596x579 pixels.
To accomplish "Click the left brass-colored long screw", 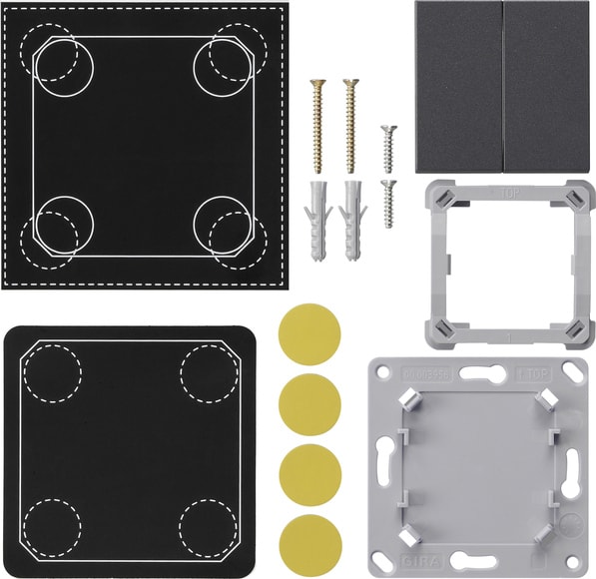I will pos(317,125).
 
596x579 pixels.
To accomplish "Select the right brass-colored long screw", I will pos(350,125).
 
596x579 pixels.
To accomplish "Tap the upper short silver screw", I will pos(389,147).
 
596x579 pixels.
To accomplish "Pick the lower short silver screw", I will pos(389,202).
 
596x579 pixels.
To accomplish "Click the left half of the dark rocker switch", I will pos(458,87).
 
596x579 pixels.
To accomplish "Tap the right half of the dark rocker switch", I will pos(550,87).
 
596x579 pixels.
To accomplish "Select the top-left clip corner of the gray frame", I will pos(440,197).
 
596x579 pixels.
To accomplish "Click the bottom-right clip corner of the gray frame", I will pos(577,330).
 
